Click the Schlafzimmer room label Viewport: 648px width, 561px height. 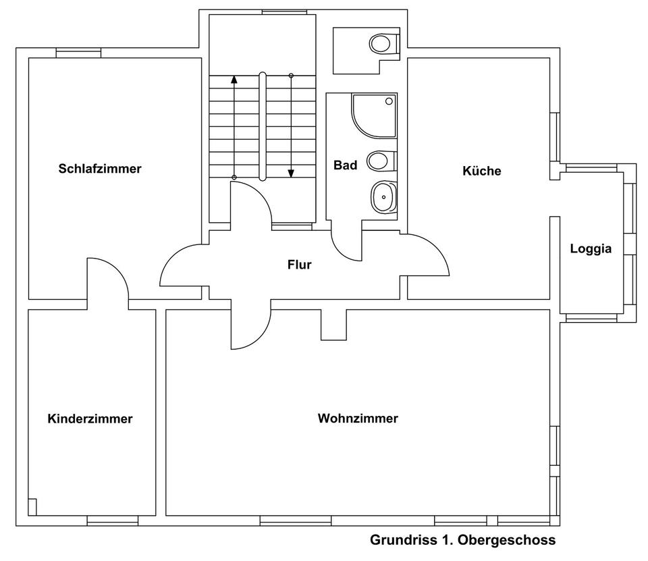click(x=100, y=169)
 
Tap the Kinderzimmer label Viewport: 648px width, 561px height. click(x=90, y=419)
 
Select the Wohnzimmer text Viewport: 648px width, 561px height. click(x=358, y=419)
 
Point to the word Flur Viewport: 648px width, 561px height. click(x=299, y=265)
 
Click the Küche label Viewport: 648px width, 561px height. click(x=481, y=171)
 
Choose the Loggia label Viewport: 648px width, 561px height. click(x=591, y=248)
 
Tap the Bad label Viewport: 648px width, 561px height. click(x=345, y=165)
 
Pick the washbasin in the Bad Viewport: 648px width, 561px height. click(x=383, y=197)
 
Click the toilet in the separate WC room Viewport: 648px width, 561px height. click(x=382, y=45)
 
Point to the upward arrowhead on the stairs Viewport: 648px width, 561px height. click(x=234, y=78)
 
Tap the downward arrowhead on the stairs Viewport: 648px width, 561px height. click(x=291, y=173)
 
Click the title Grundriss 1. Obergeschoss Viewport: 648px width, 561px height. click(x=462, y=540)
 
